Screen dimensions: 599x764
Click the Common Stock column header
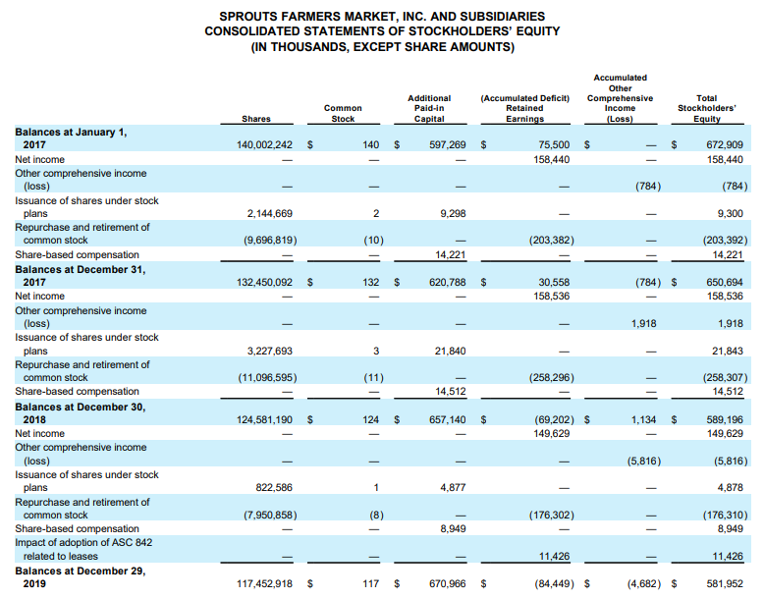tap(343, 113)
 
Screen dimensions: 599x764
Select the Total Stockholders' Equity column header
tap(706, 108)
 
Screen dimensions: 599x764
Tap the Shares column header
tap(255, 119)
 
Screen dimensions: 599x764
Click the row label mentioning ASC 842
tap(83, 549)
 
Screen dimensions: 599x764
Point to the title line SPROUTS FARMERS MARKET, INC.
tap(382, 17)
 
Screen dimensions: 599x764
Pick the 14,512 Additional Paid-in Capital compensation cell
tap(449, 392)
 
